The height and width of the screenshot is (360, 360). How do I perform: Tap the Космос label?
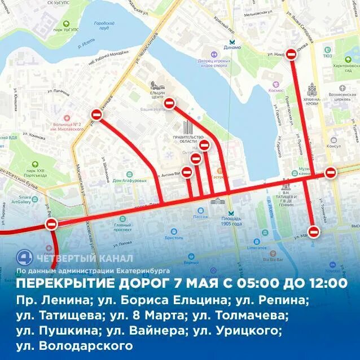tap(260, 90)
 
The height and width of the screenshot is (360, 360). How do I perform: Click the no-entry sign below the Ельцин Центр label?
tap(169, 103)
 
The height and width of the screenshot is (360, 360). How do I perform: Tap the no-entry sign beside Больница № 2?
tap(97, 115)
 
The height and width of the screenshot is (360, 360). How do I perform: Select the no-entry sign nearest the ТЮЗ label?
tap(291, 54)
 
